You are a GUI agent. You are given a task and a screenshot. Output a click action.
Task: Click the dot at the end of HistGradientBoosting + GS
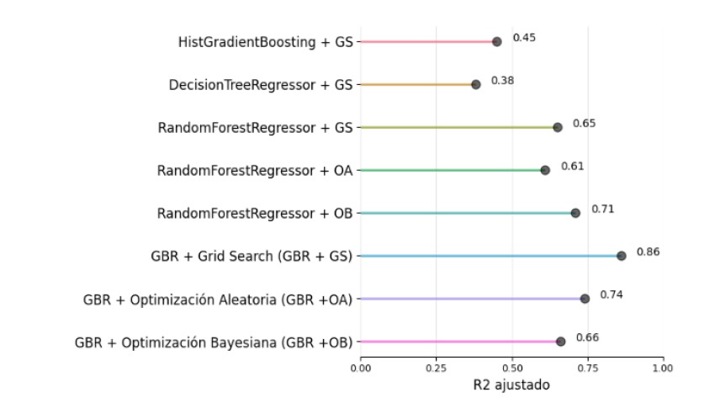[496, 41]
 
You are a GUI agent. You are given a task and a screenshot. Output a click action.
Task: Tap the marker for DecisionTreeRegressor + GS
[476, 84]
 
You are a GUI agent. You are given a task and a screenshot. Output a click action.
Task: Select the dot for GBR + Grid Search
[621, 256]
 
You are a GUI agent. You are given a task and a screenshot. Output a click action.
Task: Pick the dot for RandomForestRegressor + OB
[575, 213]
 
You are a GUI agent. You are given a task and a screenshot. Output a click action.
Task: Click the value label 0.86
[648, 252]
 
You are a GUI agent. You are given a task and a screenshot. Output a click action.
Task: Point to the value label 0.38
[502, 81]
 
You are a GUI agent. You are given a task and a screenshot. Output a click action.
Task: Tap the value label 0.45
[524, 38]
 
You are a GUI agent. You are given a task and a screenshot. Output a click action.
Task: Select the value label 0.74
[611, 295]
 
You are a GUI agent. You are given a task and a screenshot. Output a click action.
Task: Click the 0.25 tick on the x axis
[436, 367]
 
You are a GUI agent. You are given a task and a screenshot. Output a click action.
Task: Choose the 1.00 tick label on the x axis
[663, 367]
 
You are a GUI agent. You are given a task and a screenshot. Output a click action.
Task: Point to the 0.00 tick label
[360, 367]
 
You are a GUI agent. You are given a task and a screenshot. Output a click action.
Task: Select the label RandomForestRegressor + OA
[255, 170]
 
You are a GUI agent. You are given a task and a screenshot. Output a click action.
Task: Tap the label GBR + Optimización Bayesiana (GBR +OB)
[214, 342]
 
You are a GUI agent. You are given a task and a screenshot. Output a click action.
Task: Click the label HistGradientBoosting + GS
[266, 41]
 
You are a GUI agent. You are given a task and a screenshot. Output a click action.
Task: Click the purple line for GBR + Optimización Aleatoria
[471, 299]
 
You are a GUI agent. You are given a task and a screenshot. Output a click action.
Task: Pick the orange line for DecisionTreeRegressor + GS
[416, 84]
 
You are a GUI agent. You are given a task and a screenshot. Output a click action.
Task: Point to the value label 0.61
[572, 166]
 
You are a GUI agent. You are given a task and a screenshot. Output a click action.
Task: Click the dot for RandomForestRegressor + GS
[558, 127]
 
